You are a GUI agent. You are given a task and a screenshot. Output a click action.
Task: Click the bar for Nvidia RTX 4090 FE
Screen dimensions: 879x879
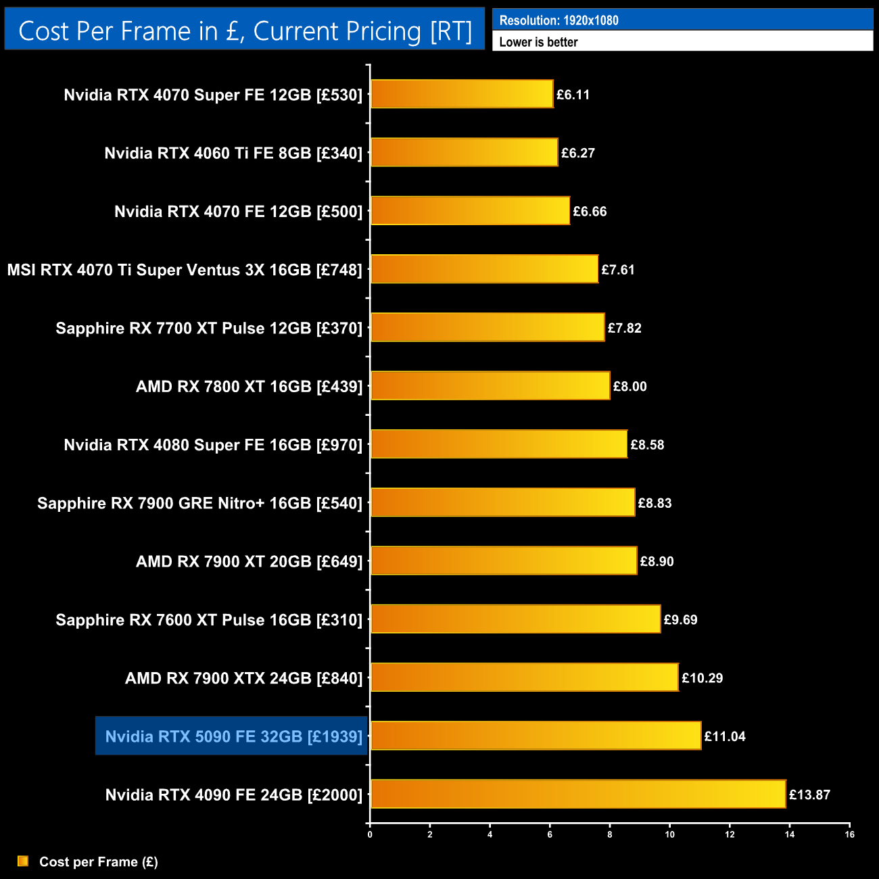point(578,794)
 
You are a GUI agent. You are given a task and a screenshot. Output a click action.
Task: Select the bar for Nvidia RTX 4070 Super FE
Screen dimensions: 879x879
point(462,94)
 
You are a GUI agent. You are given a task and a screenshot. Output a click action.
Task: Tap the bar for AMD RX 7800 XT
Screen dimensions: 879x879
point(490,385)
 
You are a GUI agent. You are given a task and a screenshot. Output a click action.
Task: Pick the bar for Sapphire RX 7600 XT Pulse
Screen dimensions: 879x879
point(515,619)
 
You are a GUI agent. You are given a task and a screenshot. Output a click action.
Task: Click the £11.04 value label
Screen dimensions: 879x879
point(725,736)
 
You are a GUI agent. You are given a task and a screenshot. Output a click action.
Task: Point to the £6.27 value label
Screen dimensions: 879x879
point(578,153)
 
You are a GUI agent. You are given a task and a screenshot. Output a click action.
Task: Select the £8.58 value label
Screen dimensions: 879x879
point(647,445)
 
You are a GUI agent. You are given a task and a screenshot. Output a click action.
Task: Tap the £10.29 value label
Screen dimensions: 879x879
point(702,678)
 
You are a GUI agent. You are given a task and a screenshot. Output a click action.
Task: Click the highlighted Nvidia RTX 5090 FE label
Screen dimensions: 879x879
point(234,736)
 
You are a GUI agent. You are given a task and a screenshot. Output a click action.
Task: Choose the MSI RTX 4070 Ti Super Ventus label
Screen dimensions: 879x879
point(185,270)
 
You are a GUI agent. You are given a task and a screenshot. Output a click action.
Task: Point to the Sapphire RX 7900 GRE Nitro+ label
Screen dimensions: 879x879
point(200,503)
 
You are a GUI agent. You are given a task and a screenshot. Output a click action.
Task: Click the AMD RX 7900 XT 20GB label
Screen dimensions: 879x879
point(250,561)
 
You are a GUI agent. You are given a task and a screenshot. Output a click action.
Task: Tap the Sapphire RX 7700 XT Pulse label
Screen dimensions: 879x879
point(209,328)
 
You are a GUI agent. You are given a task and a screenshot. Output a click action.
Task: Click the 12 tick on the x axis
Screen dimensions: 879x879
point(730,834)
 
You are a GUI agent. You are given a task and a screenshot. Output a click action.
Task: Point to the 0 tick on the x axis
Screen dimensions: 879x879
point(370,834)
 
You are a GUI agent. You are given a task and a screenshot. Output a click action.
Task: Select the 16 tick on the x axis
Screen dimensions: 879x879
point(849,834)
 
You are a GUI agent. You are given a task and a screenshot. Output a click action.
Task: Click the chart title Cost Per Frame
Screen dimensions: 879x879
point(245,31)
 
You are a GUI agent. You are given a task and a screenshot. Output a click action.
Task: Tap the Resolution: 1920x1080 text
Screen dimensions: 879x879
point(559,20)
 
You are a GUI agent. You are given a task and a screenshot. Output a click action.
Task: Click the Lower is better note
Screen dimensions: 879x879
point(539,42)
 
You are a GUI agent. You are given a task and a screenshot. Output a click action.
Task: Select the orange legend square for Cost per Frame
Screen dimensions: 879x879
point(23,861)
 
